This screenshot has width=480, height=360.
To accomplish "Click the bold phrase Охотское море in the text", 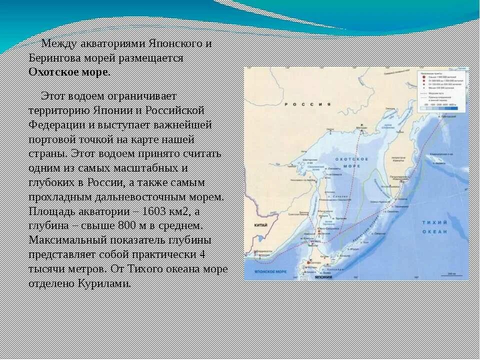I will pos(68,71).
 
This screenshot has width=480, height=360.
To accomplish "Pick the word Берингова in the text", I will pos(54,57).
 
